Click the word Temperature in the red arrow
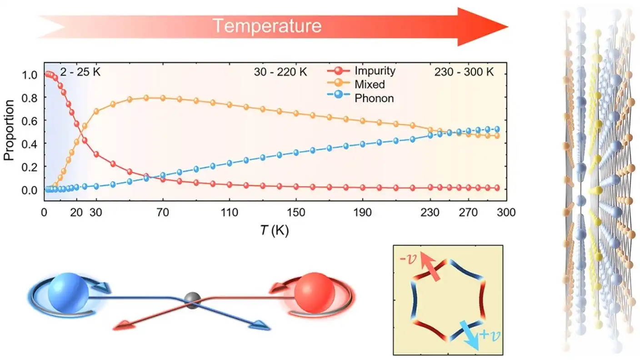coord(267,26)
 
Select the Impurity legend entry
coord(375,71)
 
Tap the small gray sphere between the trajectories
coord(193,301)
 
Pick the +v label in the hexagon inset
coord(489,335)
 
